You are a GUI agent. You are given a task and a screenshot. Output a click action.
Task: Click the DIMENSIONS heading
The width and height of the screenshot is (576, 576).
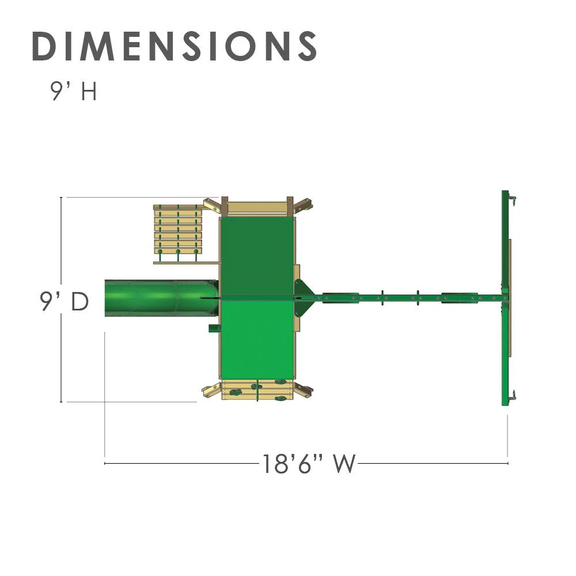click(175, 46)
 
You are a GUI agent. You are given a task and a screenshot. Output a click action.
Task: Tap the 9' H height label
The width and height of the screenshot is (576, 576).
click(74, 91)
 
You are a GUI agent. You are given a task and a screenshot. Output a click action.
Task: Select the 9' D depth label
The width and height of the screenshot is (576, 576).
click(65, 302)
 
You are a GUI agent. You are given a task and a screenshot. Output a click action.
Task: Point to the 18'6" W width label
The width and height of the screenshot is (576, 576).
click(309, 464)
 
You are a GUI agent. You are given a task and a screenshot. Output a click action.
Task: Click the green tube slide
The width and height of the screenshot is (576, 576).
click(162, 298)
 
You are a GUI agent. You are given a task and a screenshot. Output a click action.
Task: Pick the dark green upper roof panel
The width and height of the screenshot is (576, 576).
click(257, 256)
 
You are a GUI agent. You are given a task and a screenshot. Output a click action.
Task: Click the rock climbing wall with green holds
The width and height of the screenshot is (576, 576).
click(257, 390)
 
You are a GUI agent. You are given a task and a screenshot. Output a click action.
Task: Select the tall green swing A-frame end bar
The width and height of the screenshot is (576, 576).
click(506, 298)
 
